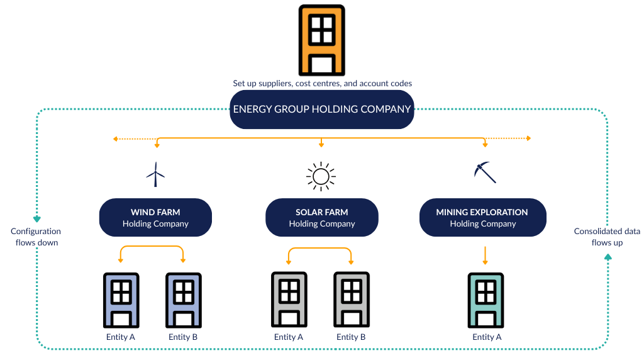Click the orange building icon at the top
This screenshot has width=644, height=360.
[x=321, y=40]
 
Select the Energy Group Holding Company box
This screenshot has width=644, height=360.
[x=321, y=110]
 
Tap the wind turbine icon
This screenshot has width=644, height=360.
[x=155, y=174]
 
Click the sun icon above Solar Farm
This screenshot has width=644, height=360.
[x=321, y=176]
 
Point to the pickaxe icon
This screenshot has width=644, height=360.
[x=484, y=172]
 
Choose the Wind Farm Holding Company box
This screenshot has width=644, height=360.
[x=155, y=218]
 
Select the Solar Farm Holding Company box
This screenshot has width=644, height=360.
[x=321, y=218]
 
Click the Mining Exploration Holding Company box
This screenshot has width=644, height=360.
[x=482, y=218]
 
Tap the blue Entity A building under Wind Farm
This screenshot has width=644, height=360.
[x=121, y=300]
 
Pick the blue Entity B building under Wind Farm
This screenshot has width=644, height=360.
[x=183, y=300]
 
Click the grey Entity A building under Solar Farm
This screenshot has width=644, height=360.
[x=289, y=300]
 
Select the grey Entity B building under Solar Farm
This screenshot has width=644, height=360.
[x=351, y=300]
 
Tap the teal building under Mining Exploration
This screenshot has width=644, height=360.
[x=485, y=300]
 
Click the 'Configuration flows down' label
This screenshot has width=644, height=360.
[x=36, y=237]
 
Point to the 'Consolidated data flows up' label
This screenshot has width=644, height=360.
[x=607, y=237]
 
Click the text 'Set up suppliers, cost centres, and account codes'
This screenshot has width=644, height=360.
[x=322, y=83]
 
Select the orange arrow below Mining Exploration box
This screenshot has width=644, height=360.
[x=485, y=256]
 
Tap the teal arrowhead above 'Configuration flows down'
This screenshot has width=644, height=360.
[x=36, y=218]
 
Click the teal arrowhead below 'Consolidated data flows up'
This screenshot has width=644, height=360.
[x=608, y=256]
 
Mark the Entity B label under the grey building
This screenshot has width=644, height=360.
[x=351, y=337]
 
